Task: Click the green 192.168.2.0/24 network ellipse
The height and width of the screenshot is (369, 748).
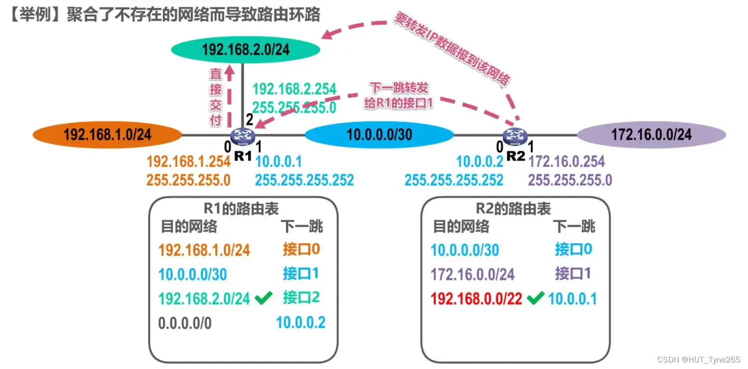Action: (245, 49)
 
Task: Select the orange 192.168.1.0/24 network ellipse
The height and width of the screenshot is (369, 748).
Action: (107, 134)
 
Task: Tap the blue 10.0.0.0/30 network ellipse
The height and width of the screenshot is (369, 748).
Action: (379, 134)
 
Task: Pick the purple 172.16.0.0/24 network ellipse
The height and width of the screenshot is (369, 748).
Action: (651, 134)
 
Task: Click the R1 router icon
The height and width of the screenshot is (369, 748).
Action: (243, 135)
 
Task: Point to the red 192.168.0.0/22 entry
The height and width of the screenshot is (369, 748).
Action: (476, 299)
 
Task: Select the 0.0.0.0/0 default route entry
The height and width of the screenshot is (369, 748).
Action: (185, 323)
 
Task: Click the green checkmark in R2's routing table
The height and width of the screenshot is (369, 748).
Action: (535, 299)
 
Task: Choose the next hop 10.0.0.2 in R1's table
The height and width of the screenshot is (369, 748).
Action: (301, 323)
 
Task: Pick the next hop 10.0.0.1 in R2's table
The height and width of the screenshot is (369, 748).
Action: (572, 299)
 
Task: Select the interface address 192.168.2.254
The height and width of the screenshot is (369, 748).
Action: (294, 90)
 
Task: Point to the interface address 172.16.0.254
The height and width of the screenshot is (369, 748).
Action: (566, 162)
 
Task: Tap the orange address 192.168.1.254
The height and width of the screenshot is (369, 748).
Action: (188, 162)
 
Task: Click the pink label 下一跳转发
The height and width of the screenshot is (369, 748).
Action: (399, 88)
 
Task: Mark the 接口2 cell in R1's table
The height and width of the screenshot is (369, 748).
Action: (301, 298)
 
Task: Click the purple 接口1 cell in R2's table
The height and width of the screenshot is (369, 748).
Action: (572, 273)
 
